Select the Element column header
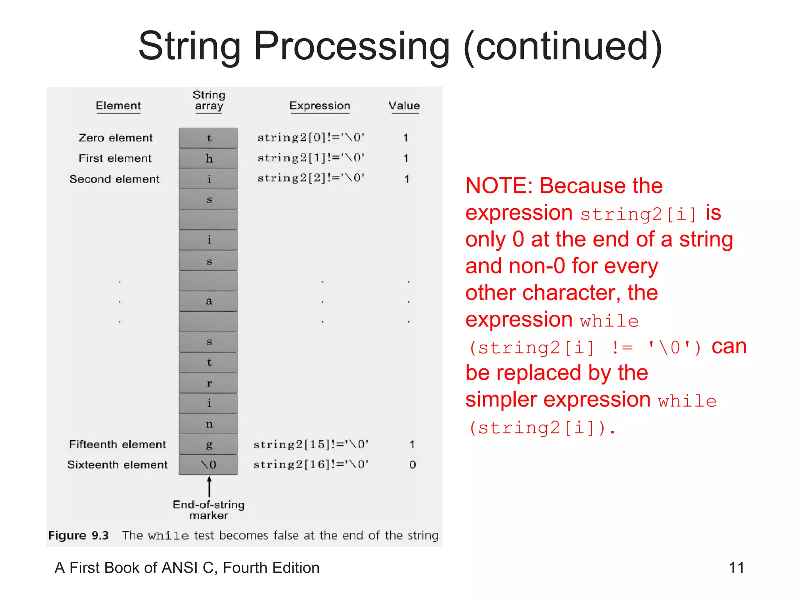(x=118, y=105)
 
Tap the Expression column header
(x=320, y=105)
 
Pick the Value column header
(x=404, y=105)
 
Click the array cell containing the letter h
(x=209, y=158)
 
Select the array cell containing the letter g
(x=209, y=444)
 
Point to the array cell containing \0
(x=209, y=464)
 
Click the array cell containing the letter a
(x=209, y=301)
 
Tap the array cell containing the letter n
(x=209, y=424)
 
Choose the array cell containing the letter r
(x=209, y=383)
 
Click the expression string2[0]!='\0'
(x=311, y=137)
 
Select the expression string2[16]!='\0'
(x=311, y=464)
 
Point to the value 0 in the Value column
(x=412, y=464)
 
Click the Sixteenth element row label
(x=117, y=464)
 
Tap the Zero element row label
(x=116, y=137)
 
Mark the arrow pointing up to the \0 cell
(x=209, y=486)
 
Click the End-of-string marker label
(x=209, y=510)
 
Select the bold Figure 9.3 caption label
(x=79, y=535)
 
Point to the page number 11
(x=736, y=568)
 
